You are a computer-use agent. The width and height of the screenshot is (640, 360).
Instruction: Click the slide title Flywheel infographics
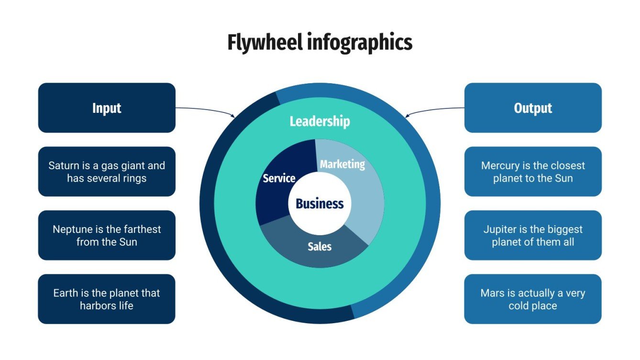point(320,43)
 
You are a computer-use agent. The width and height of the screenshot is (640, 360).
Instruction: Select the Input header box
point(107,108)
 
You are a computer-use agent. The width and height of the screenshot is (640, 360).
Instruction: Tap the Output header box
point(533,108)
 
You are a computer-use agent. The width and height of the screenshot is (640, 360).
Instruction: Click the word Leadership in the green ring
point(320,121)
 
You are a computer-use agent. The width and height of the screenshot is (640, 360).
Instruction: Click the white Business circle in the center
point(320,204)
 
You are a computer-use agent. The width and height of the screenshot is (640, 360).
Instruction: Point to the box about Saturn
point(107,172)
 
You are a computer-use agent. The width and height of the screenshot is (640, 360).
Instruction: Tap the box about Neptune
point(107,235)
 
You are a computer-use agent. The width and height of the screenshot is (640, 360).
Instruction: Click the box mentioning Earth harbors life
point(107,299)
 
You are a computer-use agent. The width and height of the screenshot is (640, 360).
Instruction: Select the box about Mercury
point(533,172)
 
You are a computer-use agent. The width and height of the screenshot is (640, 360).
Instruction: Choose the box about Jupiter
point(533,235)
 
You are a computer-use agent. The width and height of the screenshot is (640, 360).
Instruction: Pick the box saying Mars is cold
point(533,299)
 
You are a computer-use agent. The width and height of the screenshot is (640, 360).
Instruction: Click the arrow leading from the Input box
point(206,110)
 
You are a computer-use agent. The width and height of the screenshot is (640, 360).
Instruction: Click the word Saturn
point(64,166)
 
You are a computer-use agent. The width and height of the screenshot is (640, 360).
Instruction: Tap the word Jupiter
point(500,229)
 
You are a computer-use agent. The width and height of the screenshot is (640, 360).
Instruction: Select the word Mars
point(492,293)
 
